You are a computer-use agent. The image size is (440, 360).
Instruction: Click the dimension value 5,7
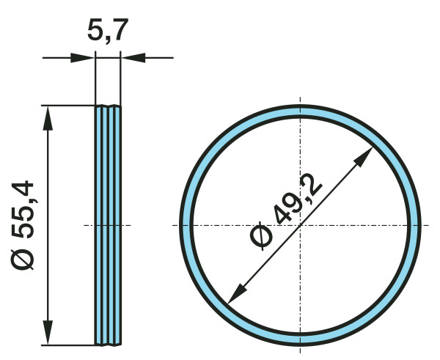[x=108, y=31]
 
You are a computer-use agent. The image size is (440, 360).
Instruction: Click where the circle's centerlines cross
[x=300, y=225]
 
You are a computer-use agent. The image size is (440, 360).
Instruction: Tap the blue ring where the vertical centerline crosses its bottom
[x=300, y=339]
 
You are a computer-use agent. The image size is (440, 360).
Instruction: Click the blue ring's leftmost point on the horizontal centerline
[x=186, y=225]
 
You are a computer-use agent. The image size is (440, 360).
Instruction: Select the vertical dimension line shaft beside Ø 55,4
[x=49, y=183]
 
